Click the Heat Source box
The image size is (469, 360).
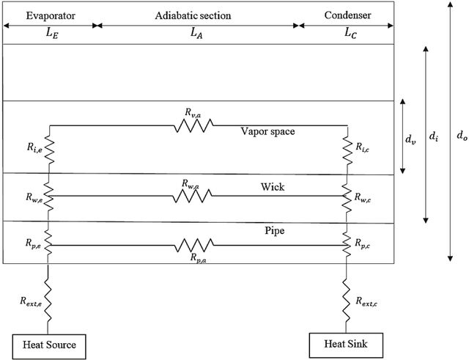coord(49,347)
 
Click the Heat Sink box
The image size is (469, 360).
coord(346,345)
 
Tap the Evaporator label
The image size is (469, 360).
coord(51,15)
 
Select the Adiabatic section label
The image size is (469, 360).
coord(193,15)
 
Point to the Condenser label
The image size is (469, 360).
coord(347,15)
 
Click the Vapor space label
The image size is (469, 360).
coord(267,131)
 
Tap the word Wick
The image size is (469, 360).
coord(273,187)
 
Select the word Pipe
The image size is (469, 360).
coord(275,230)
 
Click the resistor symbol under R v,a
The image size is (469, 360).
coord(193,125)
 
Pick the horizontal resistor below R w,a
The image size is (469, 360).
coord(192,196)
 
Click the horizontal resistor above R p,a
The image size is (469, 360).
coord(193,245)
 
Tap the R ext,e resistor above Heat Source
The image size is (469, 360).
coord(48,299)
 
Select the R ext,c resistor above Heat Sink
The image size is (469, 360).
coord(347,300)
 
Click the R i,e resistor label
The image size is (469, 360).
coord(34,147)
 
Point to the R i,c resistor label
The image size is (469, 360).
coord(362,147)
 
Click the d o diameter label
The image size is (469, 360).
coord(462,136)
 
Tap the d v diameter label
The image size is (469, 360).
coord(410,139)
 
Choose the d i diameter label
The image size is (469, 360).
coord(434,136)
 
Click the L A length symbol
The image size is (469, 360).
coord(197,33)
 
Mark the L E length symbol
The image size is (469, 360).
coord(52,33)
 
